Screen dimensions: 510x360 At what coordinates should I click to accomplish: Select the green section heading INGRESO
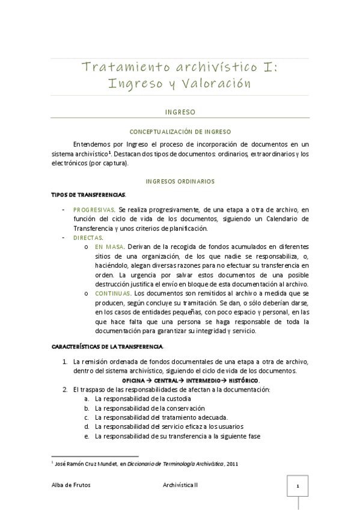coord(180,112)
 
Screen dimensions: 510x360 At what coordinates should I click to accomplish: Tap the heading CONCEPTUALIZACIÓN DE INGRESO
coord(180,131)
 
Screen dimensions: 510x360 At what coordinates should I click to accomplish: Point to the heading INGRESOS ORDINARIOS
coord(180,181)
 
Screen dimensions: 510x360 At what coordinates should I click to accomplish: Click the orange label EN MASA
coord(108,247)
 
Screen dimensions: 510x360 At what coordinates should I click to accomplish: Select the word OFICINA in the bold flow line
coord(135,381)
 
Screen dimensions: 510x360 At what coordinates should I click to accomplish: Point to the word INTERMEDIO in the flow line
coord(203,381)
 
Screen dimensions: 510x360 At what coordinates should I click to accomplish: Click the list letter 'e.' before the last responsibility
coord(87,436)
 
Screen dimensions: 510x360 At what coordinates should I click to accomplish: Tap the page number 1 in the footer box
coord(297,485)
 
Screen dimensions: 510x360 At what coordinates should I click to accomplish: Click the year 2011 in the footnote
coord(232,464)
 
